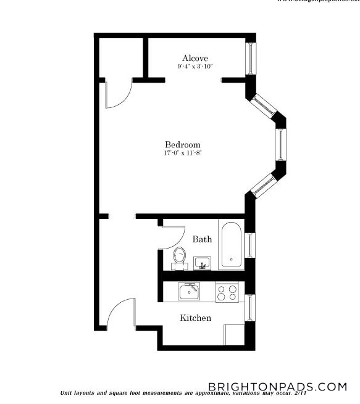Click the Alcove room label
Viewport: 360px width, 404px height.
coord(195,58)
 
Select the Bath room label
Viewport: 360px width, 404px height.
coord(202,239)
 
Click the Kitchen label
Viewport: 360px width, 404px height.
coord(195,318)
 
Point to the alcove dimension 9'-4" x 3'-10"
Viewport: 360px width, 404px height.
coord(195,66)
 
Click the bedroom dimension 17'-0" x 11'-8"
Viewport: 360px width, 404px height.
coord(183,153)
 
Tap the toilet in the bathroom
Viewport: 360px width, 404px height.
coord(180,257)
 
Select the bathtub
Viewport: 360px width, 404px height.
coord(232,244)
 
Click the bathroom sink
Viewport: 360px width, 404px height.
coord(202,263)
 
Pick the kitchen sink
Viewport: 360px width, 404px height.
coord(189,291)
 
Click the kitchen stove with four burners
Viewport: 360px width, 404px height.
coord(227,292)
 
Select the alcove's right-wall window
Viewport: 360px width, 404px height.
coord(250,59)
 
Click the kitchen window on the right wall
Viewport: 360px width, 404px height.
coord(250,307)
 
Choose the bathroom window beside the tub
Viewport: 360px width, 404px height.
coord(250,245)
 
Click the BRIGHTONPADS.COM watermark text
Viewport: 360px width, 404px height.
coord(277,387)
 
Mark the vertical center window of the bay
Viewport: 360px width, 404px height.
coord(281,145)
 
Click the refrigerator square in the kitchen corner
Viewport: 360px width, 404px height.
coord(234,334)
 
